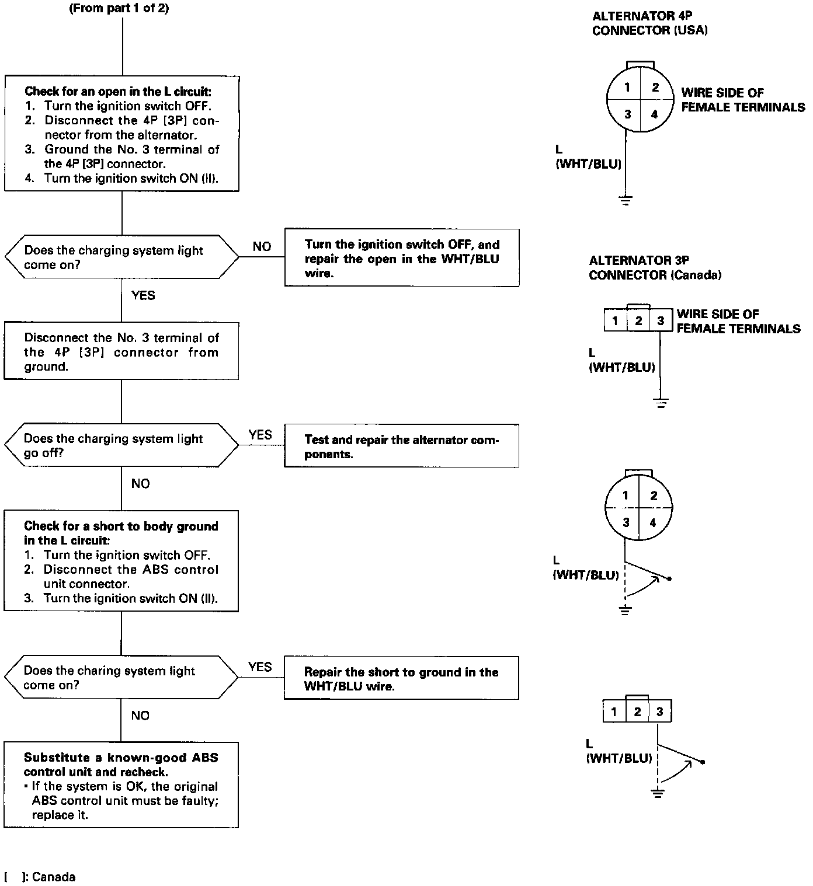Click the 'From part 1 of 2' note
119,9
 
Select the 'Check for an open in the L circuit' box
121,134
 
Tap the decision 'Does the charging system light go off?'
121,445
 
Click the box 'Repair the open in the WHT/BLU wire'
402,258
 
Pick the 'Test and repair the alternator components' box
401,447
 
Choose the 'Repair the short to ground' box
401,679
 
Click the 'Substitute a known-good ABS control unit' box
121,786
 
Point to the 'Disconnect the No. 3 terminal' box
121,351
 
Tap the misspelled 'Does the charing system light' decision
121,678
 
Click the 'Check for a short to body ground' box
121,561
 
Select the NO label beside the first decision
262,247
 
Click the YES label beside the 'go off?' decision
260,435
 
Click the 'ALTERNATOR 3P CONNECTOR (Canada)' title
655,268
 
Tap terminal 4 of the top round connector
654,114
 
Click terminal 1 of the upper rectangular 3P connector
615,320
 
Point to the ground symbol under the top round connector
626,201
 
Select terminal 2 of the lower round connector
654,496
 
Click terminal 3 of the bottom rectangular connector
659,711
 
